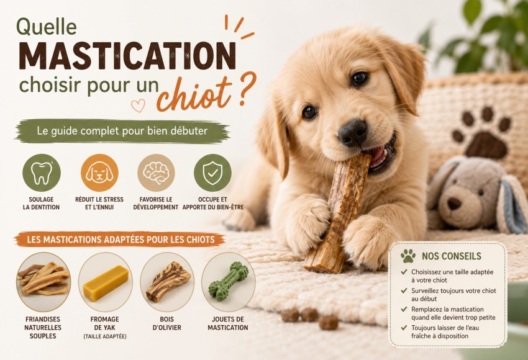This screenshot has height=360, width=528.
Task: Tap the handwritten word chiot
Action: (x=194, y=94)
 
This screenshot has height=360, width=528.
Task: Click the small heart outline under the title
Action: (x=138, y=106)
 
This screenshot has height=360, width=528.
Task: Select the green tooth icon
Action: (x=42, y=173)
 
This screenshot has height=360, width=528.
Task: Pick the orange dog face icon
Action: (x=99, y=173)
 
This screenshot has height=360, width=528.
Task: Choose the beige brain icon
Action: (x=156, y=173)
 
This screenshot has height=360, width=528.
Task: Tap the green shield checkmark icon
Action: (x=212, y=173)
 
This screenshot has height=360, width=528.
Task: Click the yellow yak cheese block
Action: (x=106, y=283)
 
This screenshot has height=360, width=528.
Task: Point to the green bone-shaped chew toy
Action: (x=229, y=282)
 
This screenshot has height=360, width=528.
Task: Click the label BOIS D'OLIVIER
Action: (x=167, y=323)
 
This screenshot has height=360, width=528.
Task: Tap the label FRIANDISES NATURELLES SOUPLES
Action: (x=43, y=327)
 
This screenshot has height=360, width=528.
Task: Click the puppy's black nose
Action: (x=352, y=133)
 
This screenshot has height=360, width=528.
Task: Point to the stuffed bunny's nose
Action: (x=454, y=203)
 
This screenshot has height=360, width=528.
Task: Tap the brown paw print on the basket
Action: (x=481, y=133)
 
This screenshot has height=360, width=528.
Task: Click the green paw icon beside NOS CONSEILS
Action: (x=407, y=256)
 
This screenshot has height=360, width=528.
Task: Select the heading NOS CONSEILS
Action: (x=452, y=256)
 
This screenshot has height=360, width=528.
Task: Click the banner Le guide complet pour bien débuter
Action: (x=122, y=130)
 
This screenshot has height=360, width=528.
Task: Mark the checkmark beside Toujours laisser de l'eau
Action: (x=404, y=327)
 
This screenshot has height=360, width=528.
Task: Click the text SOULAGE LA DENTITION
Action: (x=41, y=203)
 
